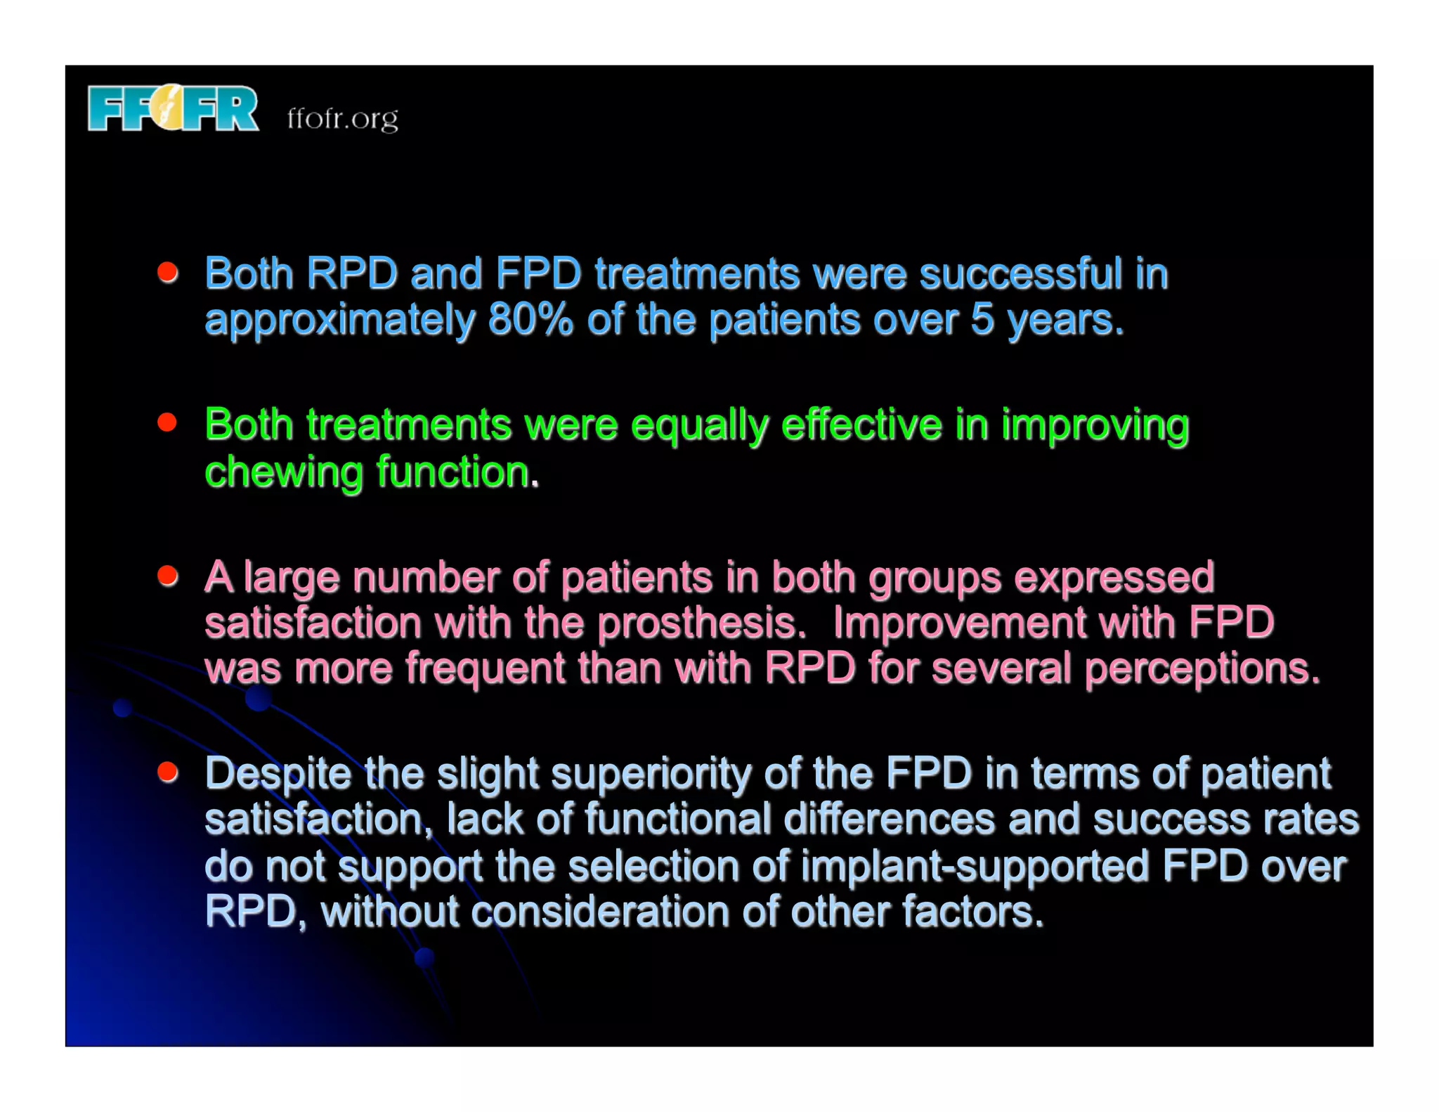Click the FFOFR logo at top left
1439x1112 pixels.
point(173,108)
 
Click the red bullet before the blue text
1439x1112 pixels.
point(167,272)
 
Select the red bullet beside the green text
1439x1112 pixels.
point(167,422)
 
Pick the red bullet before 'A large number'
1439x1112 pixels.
point(167,576)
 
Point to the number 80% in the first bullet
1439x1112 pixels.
point(530,320)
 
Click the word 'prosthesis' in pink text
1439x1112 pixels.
point(700,623)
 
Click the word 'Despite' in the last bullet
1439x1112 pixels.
point(278,774)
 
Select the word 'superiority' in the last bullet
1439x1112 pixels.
point(651,774)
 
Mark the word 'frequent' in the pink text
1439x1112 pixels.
point(485,668)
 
